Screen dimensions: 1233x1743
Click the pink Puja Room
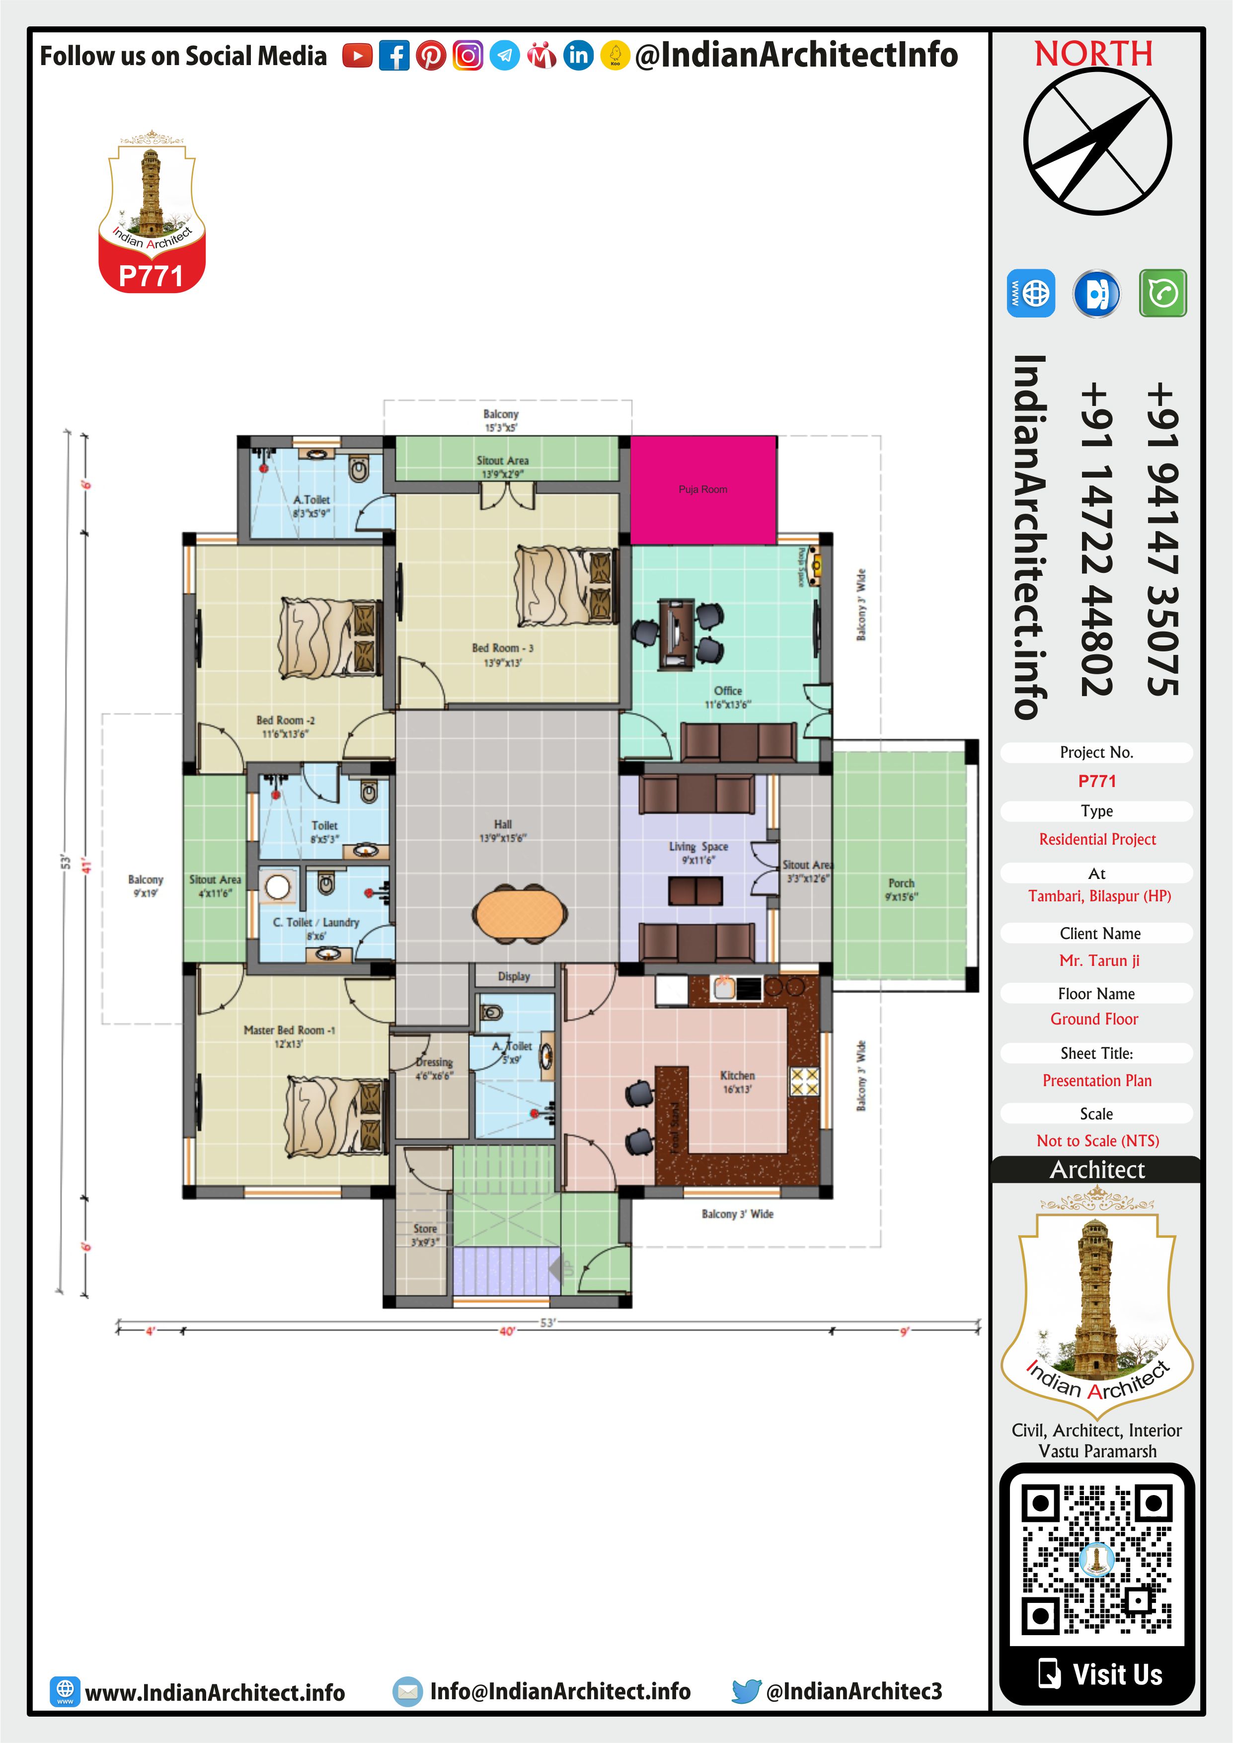click(703, 489)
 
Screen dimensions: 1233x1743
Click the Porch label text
click(901, 883)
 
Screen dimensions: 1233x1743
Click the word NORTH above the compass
click(1093, 54)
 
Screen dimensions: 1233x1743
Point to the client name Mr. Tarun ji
click(1099, 960)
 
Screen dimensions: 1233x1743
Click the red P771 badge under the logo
click(151, 276)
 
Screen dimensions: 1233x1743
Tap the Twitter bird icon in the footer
click(746, 1691)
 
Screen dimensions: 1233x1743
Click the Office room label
click(727, 691)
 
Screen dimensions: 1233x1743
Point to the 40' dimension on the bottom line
click(507, 1332)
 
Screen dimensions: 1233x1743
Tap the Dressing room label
click(434, 1061)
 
